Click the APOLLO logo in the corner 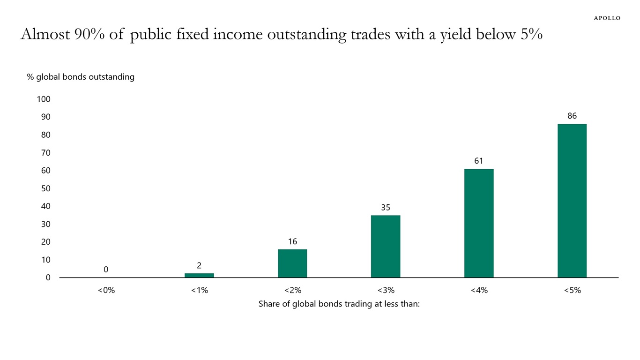tap(607, 18)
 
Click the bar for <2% tap(292, 263)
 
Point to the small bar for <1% tap(199, 275)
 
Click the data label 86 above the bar tap(572, 116)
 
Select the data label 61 tap(478, 161)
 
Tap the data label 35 tap(385, 207)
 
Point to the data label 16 tap(292, 241)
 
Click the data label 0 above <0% tap(106, 270)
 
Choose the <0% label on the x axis tap(106, 290)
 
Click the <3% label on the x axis tap(385, 290)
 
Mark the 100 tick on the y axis tap(43, 99)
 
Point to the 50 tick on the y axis tap(45, 188)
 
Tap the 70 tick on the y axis tap(45, 153)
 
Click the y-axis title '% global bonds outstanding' tap(81, 77)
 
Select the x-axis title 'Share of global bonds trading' tap(339, 304)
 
